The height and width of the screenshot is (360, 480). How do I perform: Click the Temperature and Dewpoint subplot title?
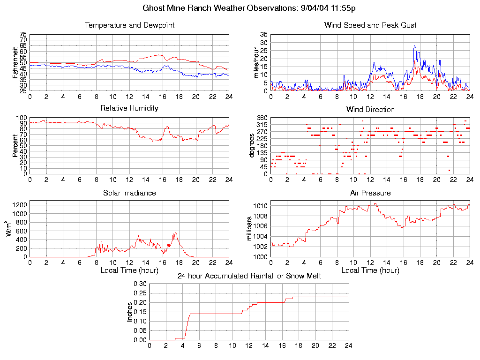(129, 25)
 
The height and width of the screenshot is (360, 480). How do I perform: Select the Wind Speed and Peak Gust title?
(370, 25)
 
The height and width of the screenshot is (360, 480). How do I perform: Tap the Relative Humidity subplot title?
(129, 108)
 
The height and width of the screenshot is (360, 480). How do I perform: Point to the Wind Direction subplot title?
(370, 109)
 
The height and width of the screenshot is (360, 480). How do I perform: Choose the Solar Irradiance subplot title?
(129, 193)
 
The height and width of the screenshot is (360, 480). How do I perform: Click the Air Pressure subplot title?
(370, 193)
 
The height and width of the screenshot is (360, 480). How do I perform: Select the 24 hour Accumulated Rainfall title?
(249, 276)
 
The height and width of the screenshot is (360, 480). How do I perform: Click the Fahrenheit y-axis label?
(15, 62)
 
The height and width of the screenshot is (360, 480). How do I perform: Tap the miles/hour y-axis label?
(256, 62)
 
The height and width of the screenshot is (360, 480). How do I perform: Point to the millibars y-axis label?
(250, 229)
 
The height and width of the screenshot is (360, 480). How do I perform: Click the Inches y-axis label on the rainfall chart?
(130, 312)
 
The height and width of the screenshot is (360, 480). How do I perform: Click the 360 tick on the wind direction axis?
(262, 118)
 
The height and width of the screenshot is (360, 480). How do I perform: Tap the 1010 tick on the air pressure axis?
(261, 206)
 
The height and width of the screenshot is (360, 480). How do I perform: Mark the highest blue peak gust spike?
(414, 46)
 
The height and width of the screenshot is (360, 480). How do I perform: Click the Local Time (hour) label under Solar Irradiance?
(129, 270)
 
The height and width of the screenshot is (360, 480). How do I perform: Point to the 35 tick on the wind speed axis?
(263, 35)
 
